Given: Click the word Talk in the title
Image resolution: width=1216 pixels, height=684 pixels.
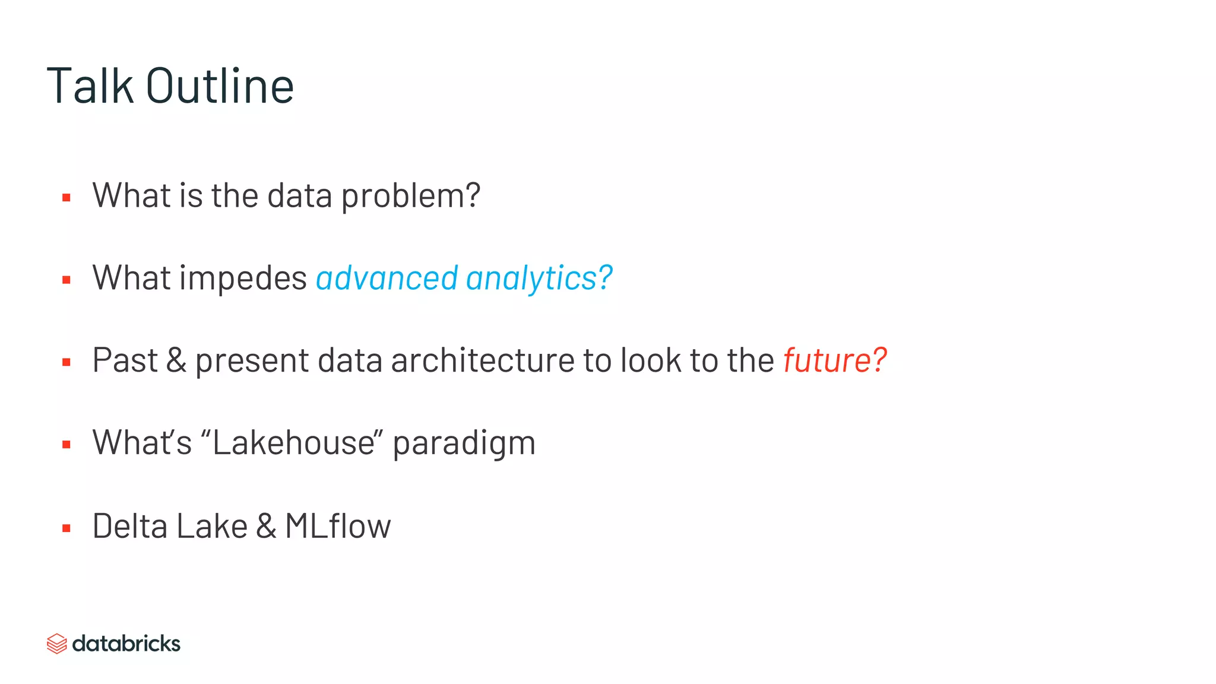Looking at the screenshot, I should [90, 86].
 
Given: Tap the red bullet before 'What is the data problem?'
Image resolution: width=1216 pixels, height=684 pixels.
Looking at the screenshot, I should [66, 198].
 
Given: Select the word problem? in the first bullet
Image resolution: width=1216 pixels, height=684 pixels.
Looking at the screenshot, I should [410, 196].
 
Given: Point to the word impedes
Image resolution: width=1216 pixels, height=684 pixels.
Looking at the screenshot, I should [243, 278].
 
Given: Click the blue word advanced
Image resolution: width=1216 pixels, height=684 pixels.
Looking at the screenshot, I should [387, 278].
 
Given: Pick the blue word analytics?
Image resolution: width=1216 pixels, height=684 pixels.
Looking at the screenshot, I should [539, 278].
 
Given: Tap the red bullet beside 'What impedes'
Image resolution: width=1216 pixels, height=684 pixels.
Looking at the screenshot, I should [66, 280].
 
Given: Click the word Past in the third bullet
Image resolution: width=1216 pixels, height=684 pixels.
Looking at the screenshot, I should [125, 360].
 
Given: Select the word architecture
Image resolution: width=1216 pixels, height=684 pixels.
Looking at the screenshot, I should [482, 360].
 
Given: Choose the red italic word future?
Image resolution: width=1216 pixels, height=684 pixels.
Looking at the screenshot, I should [835, 360].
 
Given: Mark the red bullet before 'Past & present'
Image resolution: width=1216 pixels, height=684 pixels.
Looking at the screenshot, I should [66, 362].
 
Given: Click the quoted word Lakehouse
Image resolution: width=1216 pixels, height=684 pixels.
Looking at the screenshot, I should [293, 443].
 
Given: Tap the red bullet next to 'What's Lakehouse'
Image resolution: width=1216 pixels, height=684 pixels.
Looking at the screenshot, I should [66, 445].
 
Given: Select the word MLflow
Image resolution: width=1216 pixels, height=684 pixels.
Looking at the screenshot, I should [338, 526].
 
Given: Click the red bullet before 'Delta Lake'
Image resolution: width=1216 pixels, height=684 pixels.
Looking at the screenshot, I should [66, 528].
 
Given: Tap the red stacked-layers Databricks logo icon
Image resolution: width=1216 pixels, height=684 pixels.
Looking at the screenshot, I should [57, 644].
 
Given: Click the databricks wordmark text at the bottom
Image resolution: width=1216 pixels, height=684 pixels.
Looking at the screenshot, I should [126, 644].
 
